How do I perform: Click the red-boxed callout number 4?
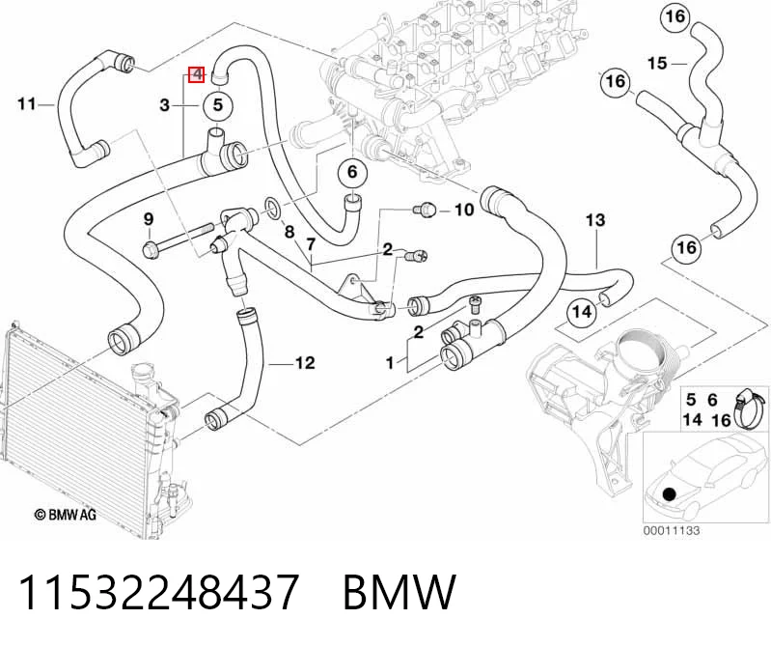[x=197, y=74]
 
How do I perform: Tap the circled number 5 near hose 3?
[x=217, y=105]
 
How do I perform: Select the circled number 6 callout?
[x=352, y=172]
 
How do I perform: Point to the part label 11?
[x=27, y=104]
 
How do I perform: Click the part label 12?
[x=304, y=363]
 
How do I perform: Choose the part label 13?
[x=595, y=220]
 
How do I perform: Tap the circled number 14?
[x=582, y=312]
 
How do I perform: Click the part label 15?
[x=657, y=64]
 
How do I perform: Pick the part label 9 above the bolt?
[x=149, y=219]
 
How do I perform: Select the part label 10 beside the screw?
[x=464, y=210]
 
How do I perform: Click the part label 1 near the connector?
[x=390, y=363]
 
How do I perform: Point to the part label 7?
[x=311, y=244]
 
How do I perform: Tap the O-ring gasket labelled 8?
[x=273, y=208]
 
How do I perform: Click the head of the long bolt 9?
[x=149, y=248]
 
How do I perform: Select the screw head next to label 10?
[x=426, y=210]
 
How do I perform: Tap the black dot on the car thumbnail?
[x=670, y=493]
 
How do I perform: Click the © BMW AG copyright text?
[x=66, y=515]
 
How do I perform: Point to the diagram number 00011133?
[x=672, y=530]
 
